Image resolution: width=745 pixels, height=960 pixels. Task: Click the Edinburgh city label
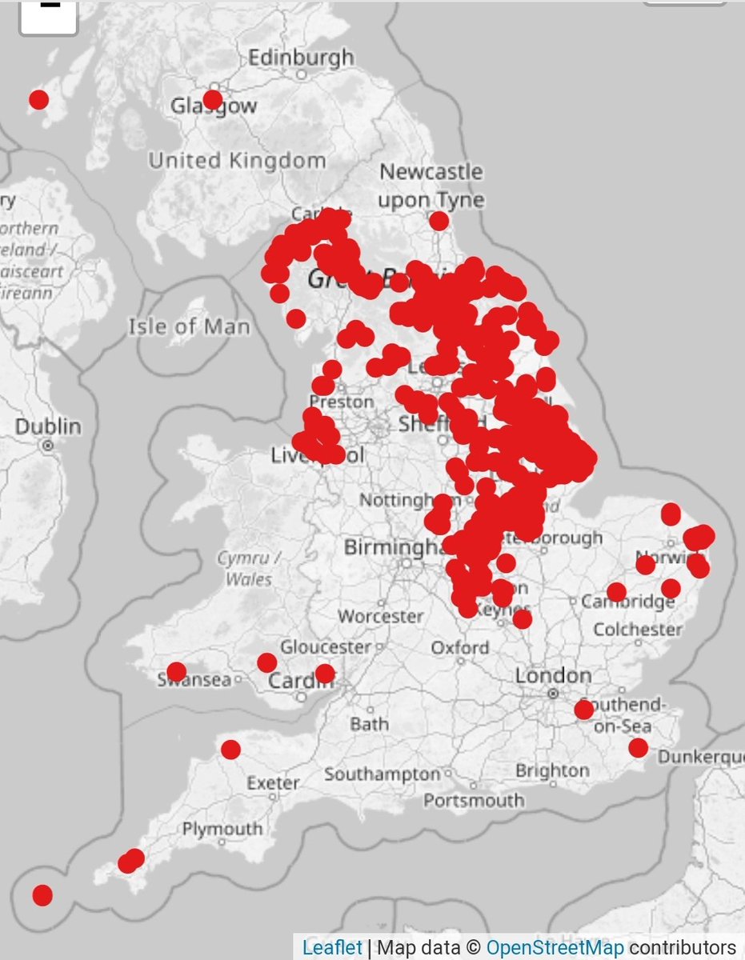click(x=301, y=58)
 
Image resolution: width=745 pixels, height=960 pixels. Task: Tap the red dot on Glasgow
click(x=212, y=99)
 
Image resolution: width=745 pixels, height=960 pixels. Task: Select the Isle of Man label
click(x=189, y=326)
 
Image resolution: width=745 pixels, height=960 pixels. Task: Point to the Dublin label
click(x=48, y=426)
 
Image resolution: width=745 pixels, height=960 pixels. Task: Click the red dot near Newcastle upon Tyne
click(x=439, y=221)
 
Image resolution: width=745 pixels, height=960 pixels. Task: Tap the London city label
click(x=553, y=676)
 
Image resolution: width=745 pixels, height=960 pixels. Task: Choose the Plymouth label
click(x=222, y=830)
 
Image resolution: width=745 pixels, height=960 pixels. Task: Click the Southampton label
click(x=383, y=774)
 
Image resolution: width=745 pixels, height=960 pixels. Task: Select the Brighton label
click(x=552, y=770)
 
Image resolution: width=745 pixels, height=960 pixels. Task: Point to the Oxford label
click(x=459, y=647)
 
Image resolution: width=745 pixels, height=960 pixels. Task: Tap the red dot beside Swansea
click(x=177, y=671)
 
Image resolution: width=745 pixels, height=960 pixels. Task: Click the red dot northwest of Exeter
click(x=230, y=750)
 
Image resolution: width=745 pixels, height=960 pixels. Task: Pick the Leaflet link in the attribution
click(x=331, y=947)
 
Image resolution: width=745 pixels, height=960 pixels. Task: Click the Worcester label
click(x=380, y=617)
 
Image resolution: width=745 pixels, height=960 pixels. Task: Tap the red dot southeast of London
click(x=584, y=710)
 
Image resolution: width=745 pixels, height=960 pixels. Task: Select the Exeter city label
click(x=273, y=783)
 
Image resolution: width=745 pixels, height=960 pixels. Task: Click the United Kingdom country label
click(x=237, y=161)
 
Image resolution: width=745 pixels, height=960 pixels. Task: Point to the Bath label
click(x=369, y=725)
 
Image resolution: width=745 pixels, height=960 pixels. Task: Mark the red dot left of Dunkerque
click(x=638, y=748)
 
